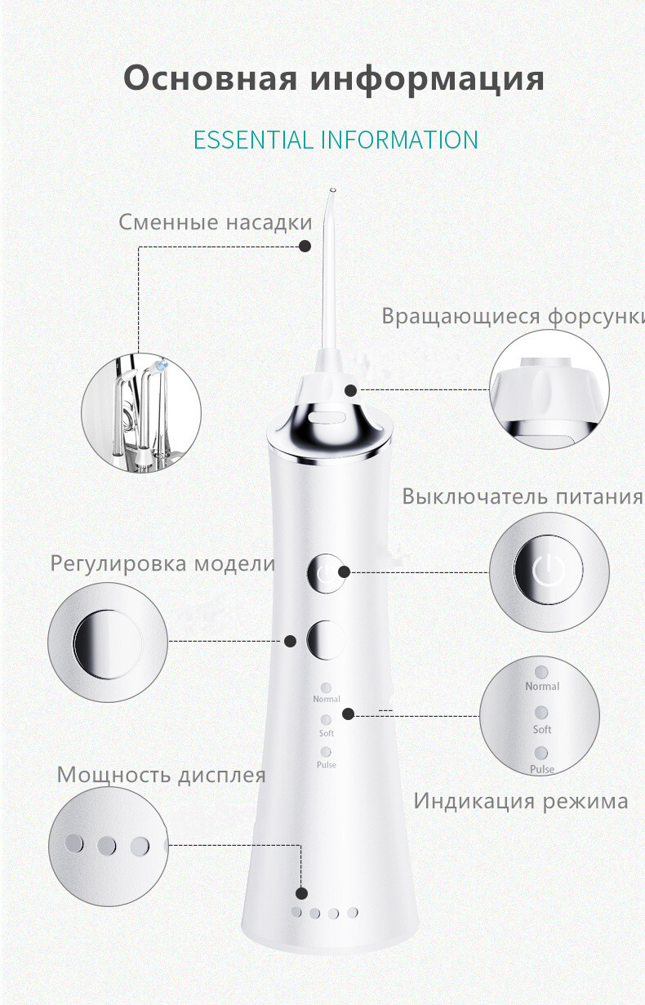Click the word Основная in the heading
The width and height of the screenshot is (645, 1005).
pos(211,78)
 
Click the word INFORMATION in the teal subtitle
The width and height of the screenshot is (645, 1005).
pos(399,140)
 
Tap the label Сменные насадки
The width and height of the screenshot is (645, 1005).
pos(216,223)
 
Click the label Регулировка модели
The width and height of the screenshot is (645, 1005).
pos(162,564)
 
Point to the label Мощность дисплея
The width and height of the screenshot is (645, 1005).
pos(162,776)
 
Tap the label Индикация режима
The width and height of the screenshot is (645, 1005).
pos(521,801)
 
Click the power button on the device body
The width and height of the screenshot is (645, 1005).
pos(326,573)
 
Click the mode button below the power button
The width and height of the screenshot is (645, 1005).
pos(326,640)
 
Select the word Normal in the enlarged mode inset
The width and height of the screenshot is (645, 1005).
pos(542,687)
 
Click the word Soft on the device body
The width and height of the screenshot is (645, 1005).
pos(326,733)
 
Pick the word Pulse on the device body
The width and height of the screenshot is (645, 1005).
pos(326,764)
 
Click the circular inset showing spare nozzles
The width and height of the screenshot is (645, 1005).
pos(141,413)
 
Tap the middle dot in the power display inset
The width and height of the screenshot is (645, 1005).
pos(106,846)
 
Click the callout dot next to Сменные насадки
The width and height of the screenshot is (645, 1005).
pos(305,246)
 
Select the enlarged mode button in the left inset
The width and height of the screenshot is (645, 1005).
pos(108,644)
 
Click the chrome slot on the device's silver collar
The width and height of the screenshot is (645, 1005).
pos(327,418)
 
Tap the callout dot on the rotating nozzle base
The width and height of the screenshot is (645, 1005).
pos(351,390)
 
